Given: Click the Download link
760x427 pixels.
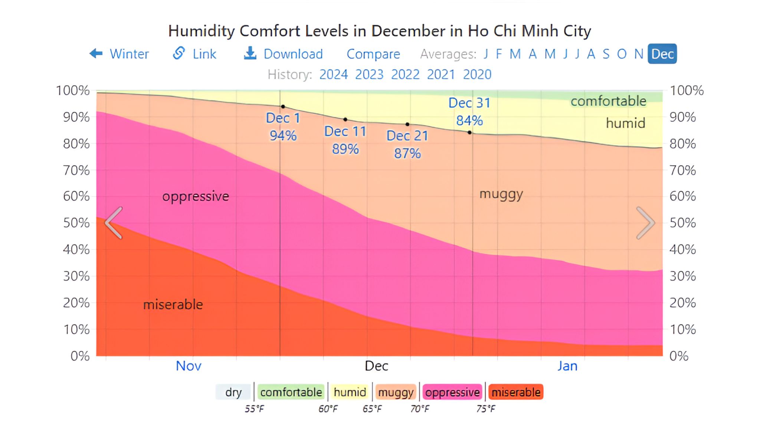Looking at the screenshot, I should pos(284,54).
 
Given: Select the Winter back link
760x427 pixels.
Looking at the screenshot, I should pos(119,54).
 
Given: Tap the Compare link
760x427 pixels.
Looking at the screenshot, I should pos(373,54).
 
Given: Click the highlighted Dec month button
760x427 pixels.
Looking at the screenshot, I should pos(662,54).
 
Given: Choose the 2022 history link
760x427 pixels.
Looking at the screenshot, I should pos(405,75).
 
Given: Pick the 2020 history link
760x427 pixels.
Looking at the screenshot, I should pos(477,75).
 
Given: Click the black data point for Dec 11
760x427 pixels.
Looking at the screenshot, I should pos(345,119).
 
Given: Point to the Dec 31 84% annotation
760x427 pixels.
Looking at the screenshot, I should pos(469,112).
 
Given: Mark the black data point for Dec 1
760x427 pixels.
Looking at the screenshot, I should pos(283,107).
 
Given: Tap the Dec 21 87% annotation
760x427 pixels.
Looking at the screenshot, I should pos(407,145).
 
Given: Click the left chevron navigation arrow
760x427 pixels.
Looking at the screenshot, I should pos(114,223).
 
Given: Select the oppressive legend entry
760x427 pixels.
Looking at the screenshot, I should pos(452,392).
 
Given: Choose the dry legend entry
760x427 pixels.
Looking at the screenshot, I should pos(233,392).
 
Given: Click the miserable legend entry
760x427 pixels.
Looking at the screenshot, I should pos(516,392).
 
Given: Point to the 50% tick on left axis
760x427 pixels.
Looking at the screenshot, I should pos(76,223).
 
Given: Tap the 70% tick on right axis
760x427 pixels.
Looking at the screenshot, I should pos(682,171).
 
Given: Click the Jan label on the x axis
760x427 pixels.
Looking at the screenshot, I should pos(567,366).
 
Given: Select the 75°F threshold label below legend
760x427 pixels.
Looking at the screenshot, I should pos(486,409).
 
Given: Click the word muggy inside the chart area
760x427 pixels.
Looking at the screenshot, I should pos(501,194).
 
